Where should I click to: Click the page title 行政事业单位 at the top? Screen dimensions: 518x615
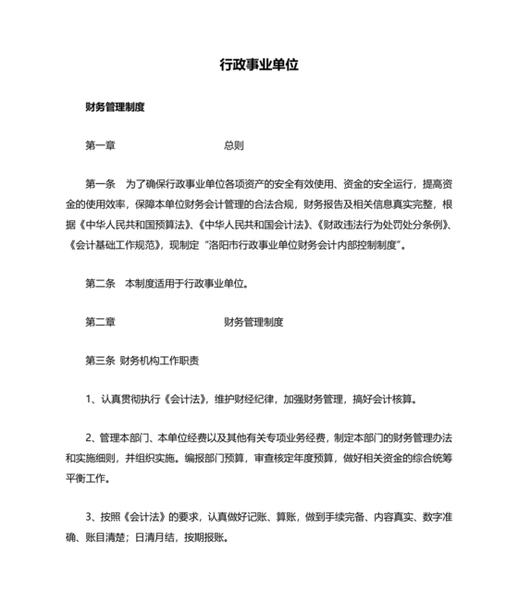[258, 67]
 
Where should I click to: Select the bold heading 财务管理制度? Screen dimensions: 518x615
[115, 107]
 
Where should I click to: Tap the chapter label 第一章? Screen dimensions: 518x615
[100, 146]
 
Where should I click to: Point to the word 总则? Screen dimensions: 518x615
[233, 146]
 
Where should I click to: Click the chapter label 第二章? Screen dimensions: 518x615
[100, 323]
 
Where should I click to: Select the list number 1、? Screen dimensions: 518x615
[91, 400]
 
